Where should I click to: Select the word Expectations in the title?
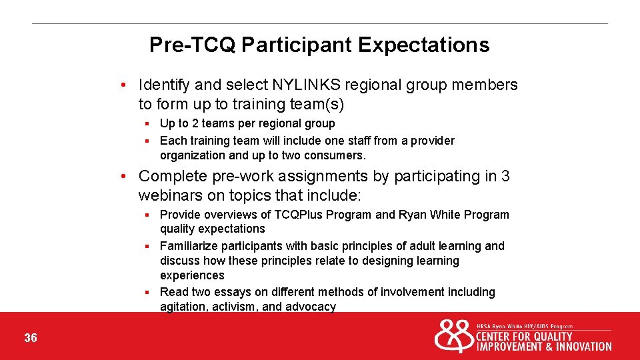pos(424,45)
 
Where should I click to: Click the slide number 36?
pos(31,338)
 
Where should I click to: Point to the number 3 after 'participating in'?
pos(505,176)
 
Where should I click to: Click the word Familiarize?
pos(189,246)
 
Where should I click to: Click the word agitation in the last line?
pos(183,307)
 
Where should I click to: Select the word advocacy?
pos(311,307)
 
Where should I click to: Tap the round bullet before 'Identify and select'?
pos(124,85)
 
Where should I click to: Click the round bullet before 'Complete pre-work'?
pos(124,177)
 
